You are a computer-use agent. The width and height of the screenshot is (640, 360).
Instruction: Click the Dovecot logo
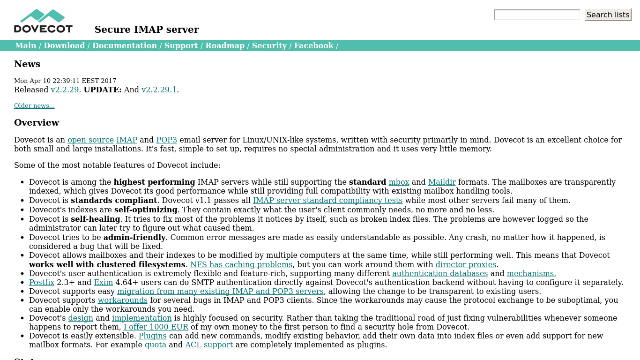pos(43,21)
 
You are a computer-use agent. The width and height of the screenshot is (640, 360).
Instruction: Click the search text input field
pos(537,15)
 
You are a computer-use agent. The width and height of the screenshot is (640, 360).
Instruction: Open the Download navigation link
pos(64,45)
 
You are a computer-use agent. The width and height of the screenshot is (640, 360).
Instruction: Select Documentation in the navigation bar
pos(124,45)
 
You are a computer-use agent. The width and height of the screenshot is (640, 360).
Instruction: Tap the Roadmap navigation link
pos(225,45)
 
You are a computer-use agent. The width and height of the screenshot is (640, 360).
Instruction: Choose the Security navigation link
pos(269,45)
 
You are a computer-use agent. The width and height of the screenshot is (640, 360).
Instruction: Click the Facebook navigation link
pos(313,45)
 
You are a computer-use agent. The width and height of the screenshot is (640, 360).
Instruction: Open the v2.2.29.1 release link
pos(159,90)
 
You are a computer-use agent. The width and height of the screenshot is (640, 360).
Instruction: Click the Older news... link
pos(34,106)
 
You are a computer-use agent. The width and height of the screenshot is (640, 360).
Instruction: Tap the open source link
pos(90,140)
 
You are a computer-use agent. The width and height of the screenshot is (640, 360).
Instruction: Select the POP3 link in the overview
pos(166,140)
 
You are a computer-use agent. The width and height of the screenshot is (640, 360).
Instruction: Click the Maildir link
pos(441,182)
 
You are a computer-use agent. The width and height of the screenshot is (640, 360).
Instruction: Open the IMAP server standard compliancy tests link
pos(327,200)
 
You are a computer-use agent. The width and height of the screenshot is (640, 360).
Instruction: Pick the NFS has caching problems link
pos(241,264)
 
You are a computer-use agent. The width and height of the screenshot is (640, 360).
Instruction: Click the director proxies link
pos(466,264)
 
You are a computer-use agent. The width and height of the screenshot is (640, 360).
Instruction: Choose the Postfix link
pos(42,282)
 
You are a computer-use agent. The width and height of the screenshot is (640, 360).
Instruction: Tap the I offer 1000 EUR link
pos(156,327)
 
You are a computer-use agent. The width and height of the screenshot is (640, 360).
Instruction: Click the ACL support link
pos(209,345)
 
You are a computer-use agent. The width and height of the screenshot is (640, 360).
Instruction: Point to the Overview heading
pos(37,123)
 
